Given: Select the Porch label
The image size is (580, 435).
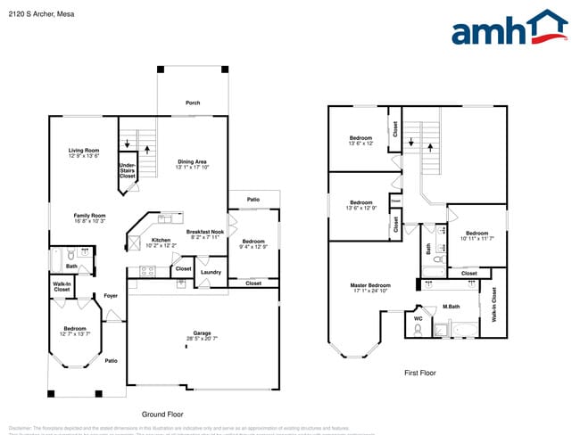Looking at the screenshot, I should coord(193,103).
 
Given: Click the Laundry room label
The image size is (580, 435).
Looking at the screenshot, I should coord(211,272).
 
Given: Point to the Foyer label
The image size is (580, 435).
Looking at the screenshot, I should coord(111,295).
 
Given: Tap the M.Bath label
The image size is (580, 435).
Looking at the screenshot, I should coord(451,308).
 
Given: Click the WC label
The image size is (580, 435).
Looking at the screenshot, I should coord(417,318).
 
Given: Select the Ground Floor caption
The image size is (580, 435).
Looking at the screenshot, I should coord(163,414).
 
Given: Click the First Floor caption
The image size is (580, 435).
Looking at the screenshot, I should coord(419,373).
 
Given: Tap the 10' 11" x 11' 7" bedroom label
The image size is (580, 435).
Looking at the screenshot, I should coord(477,235).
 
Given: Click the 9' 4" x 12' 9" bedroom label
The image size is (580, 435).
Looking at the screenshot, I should coord(253,244).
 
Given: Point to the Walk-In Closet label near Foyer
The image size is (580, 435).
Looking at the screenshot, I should coord(62,287).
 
